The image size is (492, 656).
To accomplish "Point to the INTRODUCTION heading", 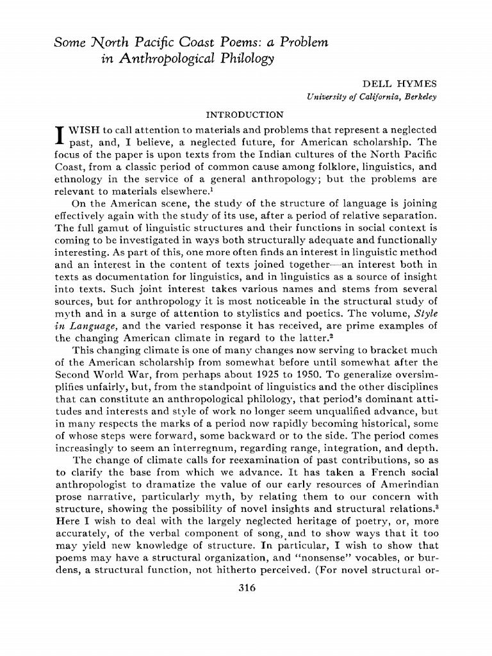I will tap(244, 115).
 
